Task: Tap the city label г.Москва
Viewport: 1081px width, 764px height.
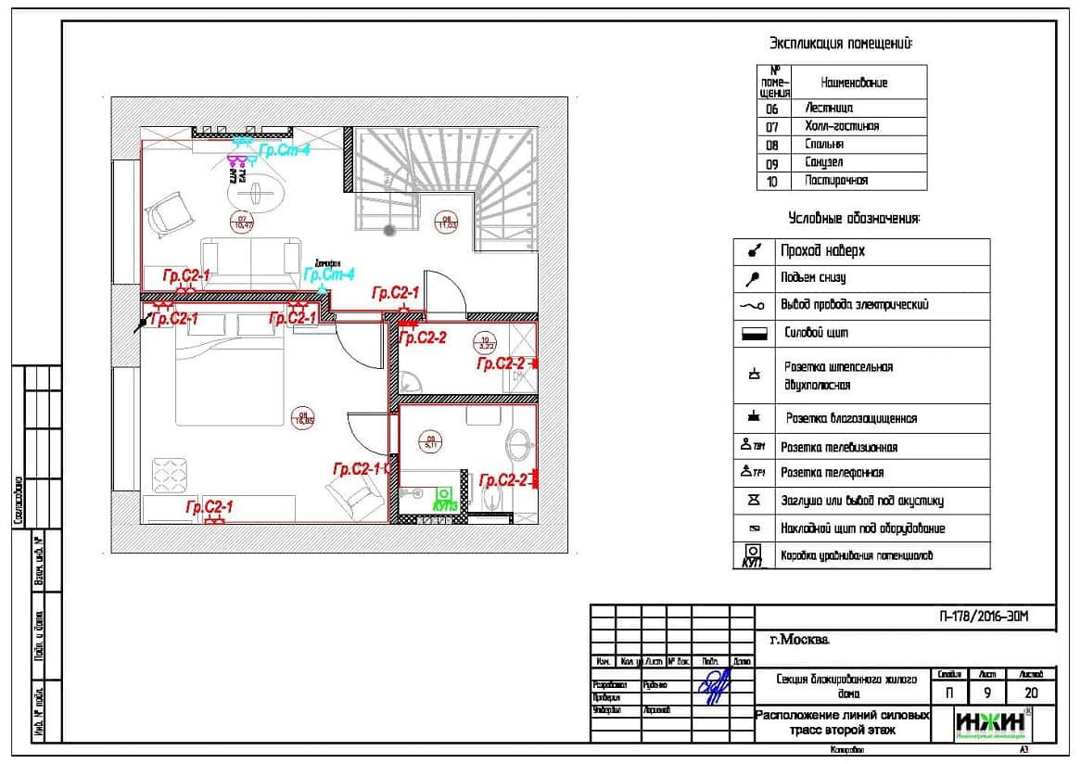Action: [800, 640]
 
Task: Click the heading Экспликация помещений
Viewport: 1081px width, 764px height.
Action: [841, 43]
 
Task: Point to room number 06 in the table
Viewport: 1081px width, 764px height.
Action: [772, 109]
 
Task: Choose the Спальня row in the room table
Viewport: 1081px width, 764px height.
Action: [825, 145]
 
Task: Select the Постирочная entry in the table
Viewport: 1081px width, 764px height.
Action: [837, 181]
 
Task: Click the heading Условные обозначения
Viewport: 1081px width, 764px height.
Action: [854, 219]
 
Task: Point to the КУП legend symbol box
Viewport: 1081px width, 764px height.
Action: [752, 555]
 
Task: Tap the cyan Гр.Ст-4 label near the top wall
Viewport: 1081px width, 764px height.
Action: [284, 149]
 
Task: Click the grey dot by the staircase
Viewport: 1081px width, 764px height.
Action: [390, 228]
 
